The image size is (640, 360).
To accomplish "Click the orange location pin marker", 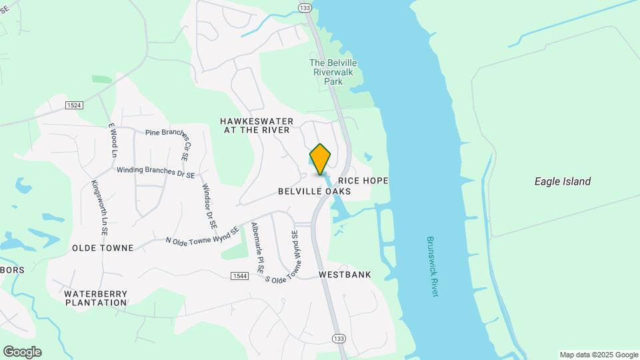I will tap(320, 159).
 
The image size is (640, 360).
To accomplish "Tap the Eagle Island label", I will tap(563, 181).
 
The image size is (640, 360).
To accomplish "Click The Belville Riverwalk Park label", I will tap(333, 72).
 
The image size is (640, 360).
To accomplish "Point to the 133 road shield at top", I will tap(305, 8).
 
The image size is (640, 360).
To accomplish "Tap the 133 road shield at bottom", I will tap(339, 338).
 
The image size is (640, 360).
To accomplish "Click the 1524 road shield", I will tap(74, 105).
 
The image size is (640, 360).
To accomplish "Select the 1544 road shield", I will tap(240, 276).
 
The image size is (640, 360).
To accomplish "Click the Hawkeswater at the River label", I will tap(257, 125).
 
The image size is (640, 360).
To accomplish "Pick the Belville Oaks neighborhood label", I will tap(314, 191).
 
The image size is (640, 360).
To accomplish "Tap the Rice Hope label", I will tap(363, 181).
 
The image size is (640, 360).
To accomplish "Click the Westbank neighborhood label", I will tap(345, 275).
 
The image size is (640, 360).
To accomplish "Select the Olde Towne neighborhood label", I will tap(103, 248).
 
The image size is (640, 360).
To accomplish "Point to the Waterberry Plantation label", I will tap(95, 297).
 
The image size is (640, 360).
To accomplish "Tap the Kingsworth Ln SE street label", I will tap(99, 208).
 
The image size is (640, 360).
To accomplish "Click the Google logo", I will tap(22, 352).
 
